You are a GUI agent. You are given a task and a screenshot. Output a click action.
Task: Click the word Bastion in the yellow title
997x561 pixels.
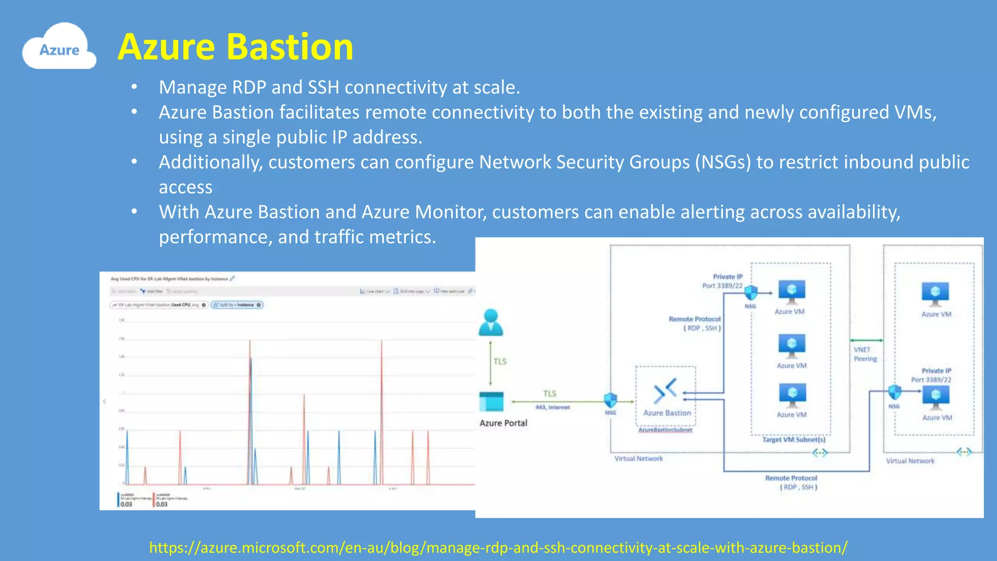[x=290, y=47]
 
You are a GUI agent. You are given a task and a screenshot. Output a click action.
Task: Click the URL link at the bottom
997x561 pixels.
[x=498, y=547]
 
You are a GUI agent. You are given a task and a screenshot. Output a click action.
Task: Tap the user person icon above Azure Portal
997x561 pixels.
[x=491, y=323]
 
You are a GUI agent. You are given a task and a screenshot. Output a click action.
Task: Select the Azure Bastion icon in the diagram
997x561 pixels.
[x=665, y=391]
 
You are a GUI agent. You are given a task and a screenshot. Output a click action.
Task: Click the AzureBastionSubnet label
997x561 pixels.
[x=665, y=430]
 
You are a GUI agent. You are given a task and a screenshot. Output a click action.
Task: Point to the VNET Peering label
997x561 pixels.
[x=865, y=354]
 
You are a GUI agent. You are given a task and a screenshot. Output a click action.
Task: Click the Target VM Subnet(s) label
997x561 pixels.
[x=794, y=440]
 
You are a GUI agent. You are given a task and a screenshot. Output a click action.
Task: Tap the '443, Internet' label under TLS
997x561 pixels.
[x=553, y=408]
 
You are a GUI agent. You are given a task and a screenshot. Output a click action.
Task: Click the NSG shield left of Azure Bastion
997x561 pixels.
[x=610, y=400]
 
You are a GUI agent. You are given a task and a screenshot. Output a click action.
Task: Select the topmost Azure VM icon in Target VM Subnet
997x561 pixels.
[x=792, y=291]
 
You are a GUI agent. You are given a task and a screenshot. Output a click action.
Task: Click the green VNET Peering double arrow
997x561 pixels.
[x=867, y=340]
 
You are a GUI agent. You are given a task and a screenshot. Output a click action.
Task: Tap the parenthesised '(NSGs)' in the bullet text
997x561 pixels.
[x=723, y=162]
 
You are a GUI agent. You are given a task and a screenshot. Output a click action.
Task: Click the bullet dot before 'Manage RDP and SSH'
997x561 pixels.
[x=134, y=88]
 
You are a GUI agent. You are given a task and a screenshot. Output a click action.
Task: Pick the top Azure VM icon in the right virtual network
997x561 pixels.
[x=935, y=294]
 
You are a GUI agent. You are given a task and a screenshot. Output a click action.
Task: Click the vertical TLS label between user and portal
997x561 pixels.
[x=500, y=361]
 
